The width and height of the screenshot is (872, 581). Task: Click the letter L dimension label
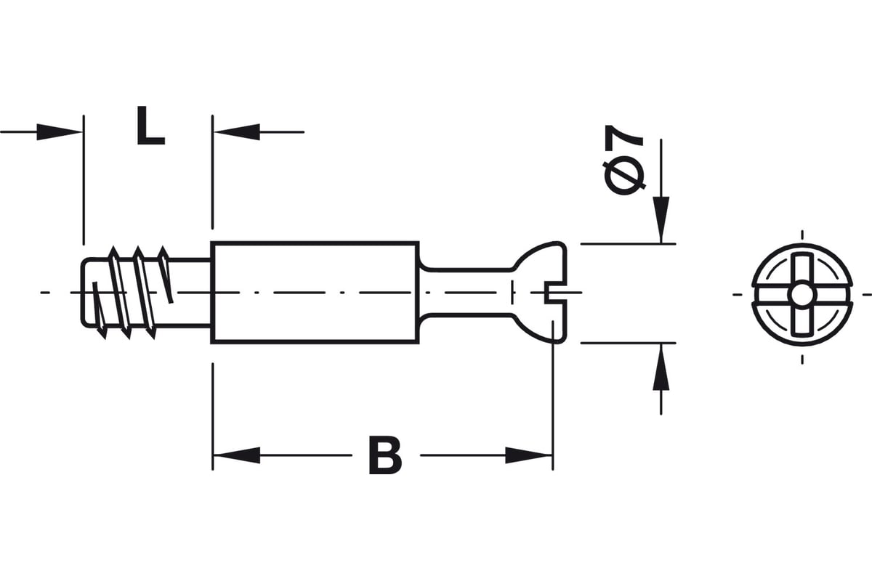point(151,126)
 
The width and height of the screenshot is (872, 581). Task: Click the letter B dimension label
point(385,455)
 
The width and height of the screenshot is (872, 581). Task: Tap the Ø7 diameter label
point(624,160)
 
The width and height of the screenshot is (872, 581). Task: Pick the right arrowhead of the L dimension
point(237,132)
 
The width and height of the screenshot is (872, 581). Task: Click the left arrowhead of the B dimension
point(237,455)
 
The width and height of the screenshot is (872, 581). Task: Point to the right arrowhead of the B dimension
point(529,455)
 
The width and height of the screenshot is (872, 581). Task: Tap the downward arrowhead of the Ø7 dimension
point(661,220)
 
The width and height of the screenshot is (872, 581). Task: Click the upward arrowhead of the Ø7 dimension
point(661,367)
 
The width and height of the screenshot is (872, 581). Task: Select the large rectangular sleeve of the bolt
point(315,293)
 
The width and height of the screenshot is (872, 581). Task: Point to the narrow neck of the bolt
point(467,293)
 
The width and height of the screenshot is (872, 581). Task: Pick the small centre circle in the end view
point(802,295)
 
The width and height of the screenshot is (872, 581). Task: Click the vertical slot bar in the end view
point(802,295)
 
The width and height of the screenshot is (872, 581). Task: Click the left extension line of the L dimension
point(84,180)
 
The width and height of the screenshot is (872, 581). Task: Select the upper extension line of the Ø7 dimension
point(628,243)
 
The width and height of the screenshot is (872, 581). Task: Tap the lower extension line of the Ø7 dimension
point(628,343)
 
